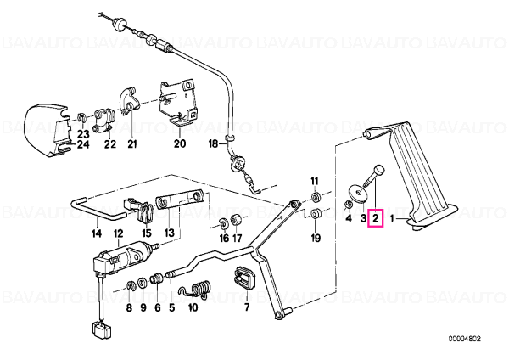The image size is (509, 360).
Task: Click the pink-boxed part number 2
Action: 375,219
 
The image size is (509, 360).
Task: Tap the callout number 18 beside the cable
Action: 213,143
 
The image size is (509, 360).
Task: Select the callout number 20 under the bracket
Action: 180,143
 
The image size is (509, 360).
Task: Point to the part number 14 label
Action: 97,233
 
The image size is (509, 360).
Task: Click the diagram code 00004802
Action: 465,340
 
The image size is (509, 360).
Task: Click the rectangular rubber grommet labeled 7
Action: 244,278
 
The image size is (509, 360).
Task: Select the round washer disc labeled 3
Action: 358,193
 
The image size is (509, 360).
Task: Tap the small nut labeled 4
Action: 349,205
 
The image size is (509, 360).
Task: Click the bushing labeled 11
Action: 316,197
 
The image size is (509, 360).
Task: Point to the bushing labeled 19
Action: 315,215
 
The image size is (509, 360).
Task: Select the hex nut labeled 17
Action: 235,219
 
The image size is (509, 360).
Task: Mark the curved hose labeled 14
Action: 98,209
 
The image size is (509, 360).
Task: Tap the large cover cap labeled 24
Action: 47,130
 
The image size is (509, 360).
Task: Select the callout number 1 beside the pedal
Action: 392,219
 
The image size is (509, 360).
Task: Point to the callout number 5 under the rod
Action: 171,307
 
